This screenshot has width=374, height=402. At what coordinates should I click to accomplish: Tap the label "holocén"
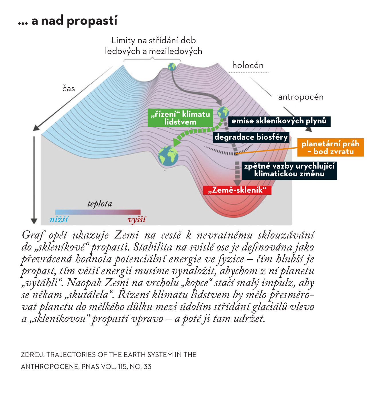click(x=248, y=65)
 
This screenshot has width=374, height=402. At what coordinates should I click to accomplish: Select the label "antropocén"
click(x=301, y=97)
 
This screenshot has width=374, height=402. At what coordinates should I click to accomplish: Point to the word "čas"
click(x=68, y=89)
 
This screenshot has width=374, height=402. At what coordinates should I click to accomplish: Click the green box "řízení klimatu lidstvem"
click(x=180, y=118)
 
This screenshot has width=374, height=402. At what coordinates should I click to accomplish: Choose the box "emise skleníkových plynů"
click(x=279, y=121)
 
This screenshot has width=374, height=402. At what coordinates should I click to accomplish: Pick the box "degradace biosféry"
click(x=251, y=137)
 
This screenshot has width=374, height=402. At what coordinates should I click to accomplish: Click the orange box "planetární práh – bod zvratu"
click(x=330, y=147)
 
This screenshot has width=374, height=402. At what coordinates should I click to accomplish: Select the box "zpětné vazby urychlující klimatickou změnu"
click(x=289, y=170)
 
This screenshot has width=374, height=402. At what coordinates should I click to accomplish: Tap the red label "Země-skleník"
click(x=237, y=190)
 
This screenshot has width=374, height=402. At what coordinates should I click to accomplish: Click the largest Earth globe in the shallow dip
click(x=168, y=156)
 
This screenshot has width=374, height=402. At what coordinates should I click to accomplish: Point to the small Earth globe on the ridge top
click(x=172, y=67)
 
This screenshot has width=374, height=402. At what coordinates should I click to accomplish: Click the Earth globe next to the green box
click(x=223, y=112)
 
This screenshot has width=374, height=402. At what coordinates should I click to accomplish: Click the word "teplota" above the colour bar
click(x=99, y=204)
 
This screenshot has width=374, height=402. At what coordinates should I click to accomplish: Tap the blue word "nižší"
click(x=59, y=219)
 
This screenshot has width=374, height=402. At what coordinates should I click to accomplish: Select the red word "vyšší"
click(x=137, y=220)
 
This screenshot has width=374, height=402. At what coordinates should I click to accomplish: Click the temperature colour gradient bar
click(x=98, y=212)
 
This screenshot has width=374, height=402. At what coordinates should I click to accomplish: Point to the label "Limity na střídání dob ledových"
click(x=153, y=46)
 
